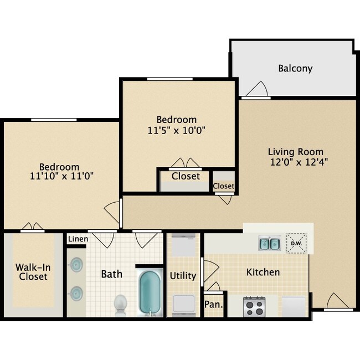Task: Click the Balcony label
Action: pos(295,69)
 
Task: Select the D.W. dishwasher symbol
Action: pos(296,243)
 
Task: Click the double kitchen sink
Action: pos(269,243)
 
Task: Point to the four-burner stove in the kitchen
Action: pos(254,306)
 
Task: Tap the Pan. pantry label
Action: pos(213,305)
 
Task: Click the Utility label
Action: pos(183,275)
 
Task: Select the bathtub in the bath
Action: pos(148,292)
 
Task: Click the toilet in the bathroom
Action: pos(121,304)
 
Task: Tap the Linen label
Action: pos(78,239)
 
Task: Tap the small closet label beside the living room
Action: pos(224,186)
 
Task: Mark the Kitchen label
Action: pos(263,272)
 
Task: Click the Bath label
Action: pos(111,274)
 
